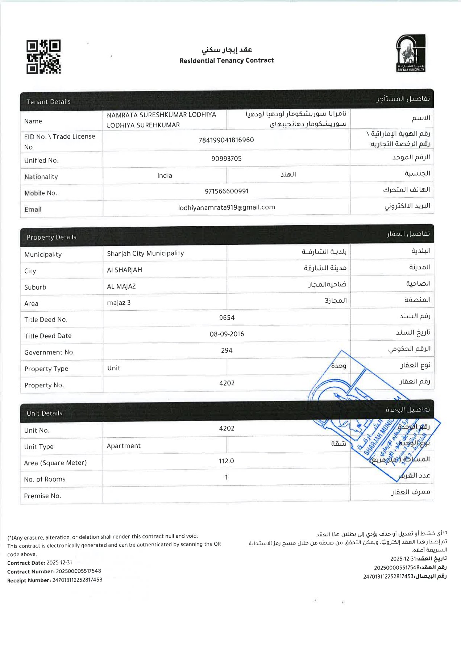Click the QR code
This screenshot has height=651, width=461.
click(x=43, y=57)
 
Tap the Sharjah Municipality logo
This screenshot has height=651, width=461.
click(x=410, y=53)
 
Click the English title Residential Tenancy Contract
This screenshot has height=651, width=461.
click(x=227, y=60)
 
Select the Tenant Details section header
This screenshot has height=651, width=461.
click(x=48, y=102)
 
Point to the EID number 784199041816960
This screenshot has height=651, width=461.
click(x=226, y=140)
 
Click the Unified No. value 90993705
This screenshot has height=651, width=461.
click(x=227, y=159)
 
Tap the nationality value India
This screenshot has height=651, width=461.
click(x=165, y=176)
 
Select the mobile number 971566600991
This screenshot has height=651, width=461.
click(x=227, y=191)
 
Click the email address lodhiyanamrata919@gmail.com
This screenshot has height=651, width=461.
click(x=227, y=207)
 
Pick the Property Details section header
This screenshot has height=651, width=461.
click(x=51, y=237)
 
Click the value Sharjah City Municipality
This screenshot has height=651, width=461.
click(x=145, y=253)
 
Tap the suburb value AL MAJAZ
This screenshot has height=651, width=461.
click(x=121, y=286)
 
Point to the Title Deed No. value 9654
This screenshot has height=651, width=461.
click(x=227, y=318)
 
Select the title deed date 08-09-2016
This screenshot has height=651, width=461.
click(x=227, y=334)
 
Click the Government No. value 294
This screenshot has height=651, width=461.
click(x=227, y=350)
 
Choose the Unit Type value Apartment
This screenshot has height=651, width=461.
click(x=124, y=446)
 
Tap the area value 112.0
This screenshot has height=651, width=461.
click(x=227, y=461)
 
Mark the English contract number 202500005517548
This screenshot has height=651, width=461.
click(x=78, y=571)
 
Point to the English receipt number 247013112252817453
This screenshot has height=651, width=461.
click(x=77, y=580)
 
